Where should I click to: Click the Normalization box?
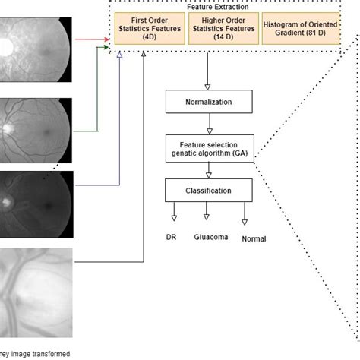pyautogui.click(x=209, y=101)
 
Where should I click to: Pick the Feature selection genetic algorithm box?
pyautogui.click(x=209, y=149)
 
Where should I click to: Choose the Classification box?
pyautogui.click(x=209, y=191)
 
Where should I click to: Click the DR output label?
pyautogui.click(x=172, y=237)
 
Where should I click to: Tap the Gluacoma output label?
pyautogui.click(x=210, y=237)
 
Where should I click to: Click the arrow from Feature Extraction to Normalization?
pyautogui.click(x=209, y=76)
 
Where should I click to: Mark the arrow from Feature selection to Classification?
pyautogui.click(x=209, y=171)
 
